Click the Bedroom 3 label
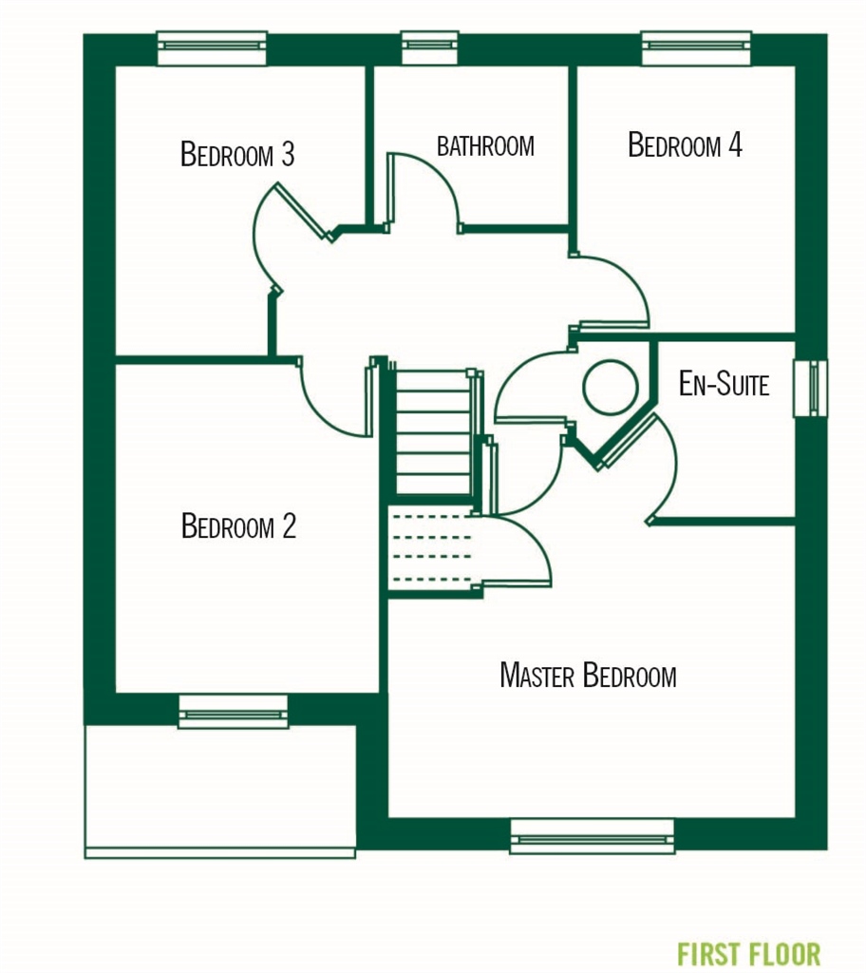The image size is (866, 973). pyautogui.click(x=237, y=154)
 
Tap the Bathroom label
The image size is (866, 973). pyautogui.click(x=485, y=146)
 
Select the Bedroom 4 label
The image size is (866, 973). pyautogui.click(x=685, y=145)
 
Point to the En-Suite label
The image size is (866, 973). pyautogui.click(x=724, y=384)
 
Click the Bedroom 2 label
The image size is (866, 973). pyautogui.click(x=238, y=525)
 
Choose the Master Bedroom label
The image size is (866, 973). pyautogui.click(x=588, y=676)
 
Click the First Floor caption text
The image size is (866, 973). pyautogui.click(x=748, y=953)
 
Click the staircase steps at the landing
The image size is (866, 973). pyautogui.click(x=433, y=432)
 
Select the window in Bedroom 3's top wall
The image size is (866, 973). pyautogui.click(x=212, y=48)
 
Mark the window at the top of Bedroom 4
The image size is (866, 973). pyautogui.click(x=696, y=48)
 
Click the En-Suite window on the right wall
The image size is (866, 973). pyautogui.click(x=811, y=388)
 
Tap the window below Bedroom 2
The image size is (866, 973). pyautogui.click(x=233, y=712)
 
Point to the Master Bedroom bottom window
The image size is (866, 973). pyautogui.click(x=592, y=837)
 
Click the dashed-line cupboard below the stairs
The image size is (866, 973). pyautogui.click(x=433, y=551)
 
